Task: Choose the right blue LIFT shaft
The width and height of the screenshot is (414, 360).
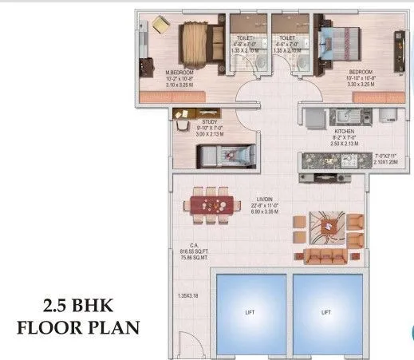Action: (325, 311)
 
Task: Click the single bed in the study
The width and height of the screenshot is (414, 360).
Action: (224, 152)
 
